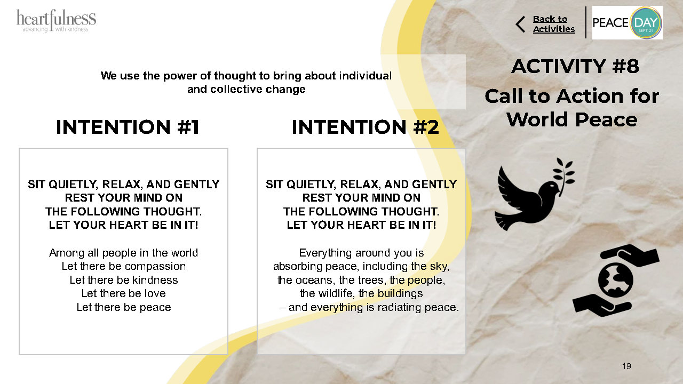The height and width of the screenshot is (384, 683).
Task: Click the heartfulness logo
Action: click(x=56, y=21)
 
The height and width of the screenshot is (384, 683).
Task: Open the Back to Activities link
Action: click(x=554, y=24)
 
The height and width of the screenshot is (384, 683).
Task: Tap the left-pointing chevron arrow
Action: click(x=520, y=25)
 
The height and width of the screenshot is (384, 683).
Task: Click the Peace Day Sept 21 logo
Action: click(x=627, y=22)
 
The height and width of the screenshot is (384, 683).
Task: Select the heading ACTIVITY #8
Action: click(x=575, y=66)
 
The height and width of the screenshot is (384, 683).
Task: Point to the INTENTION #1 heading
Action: click(x=128, y=127)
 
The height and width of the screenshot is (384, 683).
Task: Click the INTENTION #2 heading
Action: click(x=366, y=127)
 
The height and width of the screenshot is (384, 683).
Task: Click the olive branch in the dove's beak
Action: click(x=563, y=176)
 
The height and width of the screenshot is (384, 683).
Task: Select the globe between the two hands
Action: click(x=616, y=280)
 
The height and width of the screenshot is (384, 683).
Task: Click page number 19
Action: click(x=626, y=366)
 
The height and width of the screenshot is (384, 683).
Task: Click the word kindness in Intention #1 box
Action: click(x=155, y=280)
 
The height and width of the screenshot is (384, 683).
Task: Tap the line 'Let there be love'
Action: click(x=123, y=293)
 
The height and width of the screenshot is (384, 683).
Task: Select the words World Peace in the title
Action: click(x=572, y=119)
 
